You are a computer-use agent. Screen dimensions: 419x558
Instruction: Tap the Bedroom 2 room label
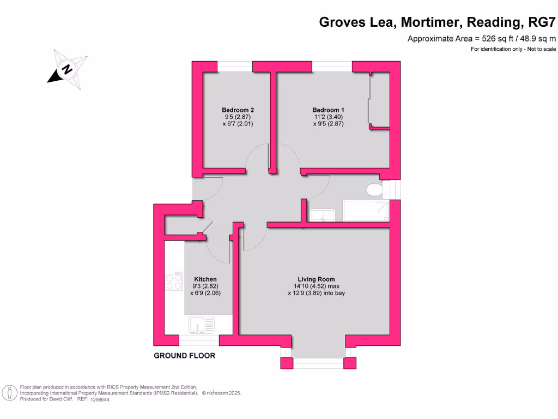coord(238,110)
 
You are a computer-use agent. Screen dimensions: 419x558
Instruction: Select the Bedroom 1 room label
coord(328,110)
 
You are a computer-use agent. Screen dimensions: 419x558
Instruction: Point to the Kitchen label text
coord(205,279)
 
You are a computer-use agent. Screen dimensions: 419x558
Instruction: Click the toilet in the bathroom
coord(374,190)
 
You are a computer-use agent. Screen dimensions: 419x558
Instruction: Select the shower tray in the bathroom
coord(366,211)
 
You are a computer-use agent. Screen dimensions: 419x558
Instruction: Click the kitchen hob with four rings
coord(174,282)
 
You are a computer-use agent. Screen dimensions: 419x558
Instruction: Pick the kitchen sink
coord(202,325)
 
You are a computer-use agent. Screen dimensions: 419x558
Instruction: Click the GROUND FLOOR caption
coord(184,356)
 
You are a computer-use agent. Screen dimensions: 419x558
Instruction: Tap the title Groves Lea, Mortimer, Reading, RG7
coord(438,22)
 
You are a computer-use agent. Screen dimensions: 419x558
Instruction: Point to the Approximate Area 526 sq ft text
coord(482,39)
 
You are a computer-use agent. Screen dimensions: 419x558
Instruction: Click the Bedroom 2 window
coord(235,66)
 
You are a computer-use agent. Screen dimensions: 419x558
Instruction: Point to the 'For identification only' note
coord(513,50)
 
